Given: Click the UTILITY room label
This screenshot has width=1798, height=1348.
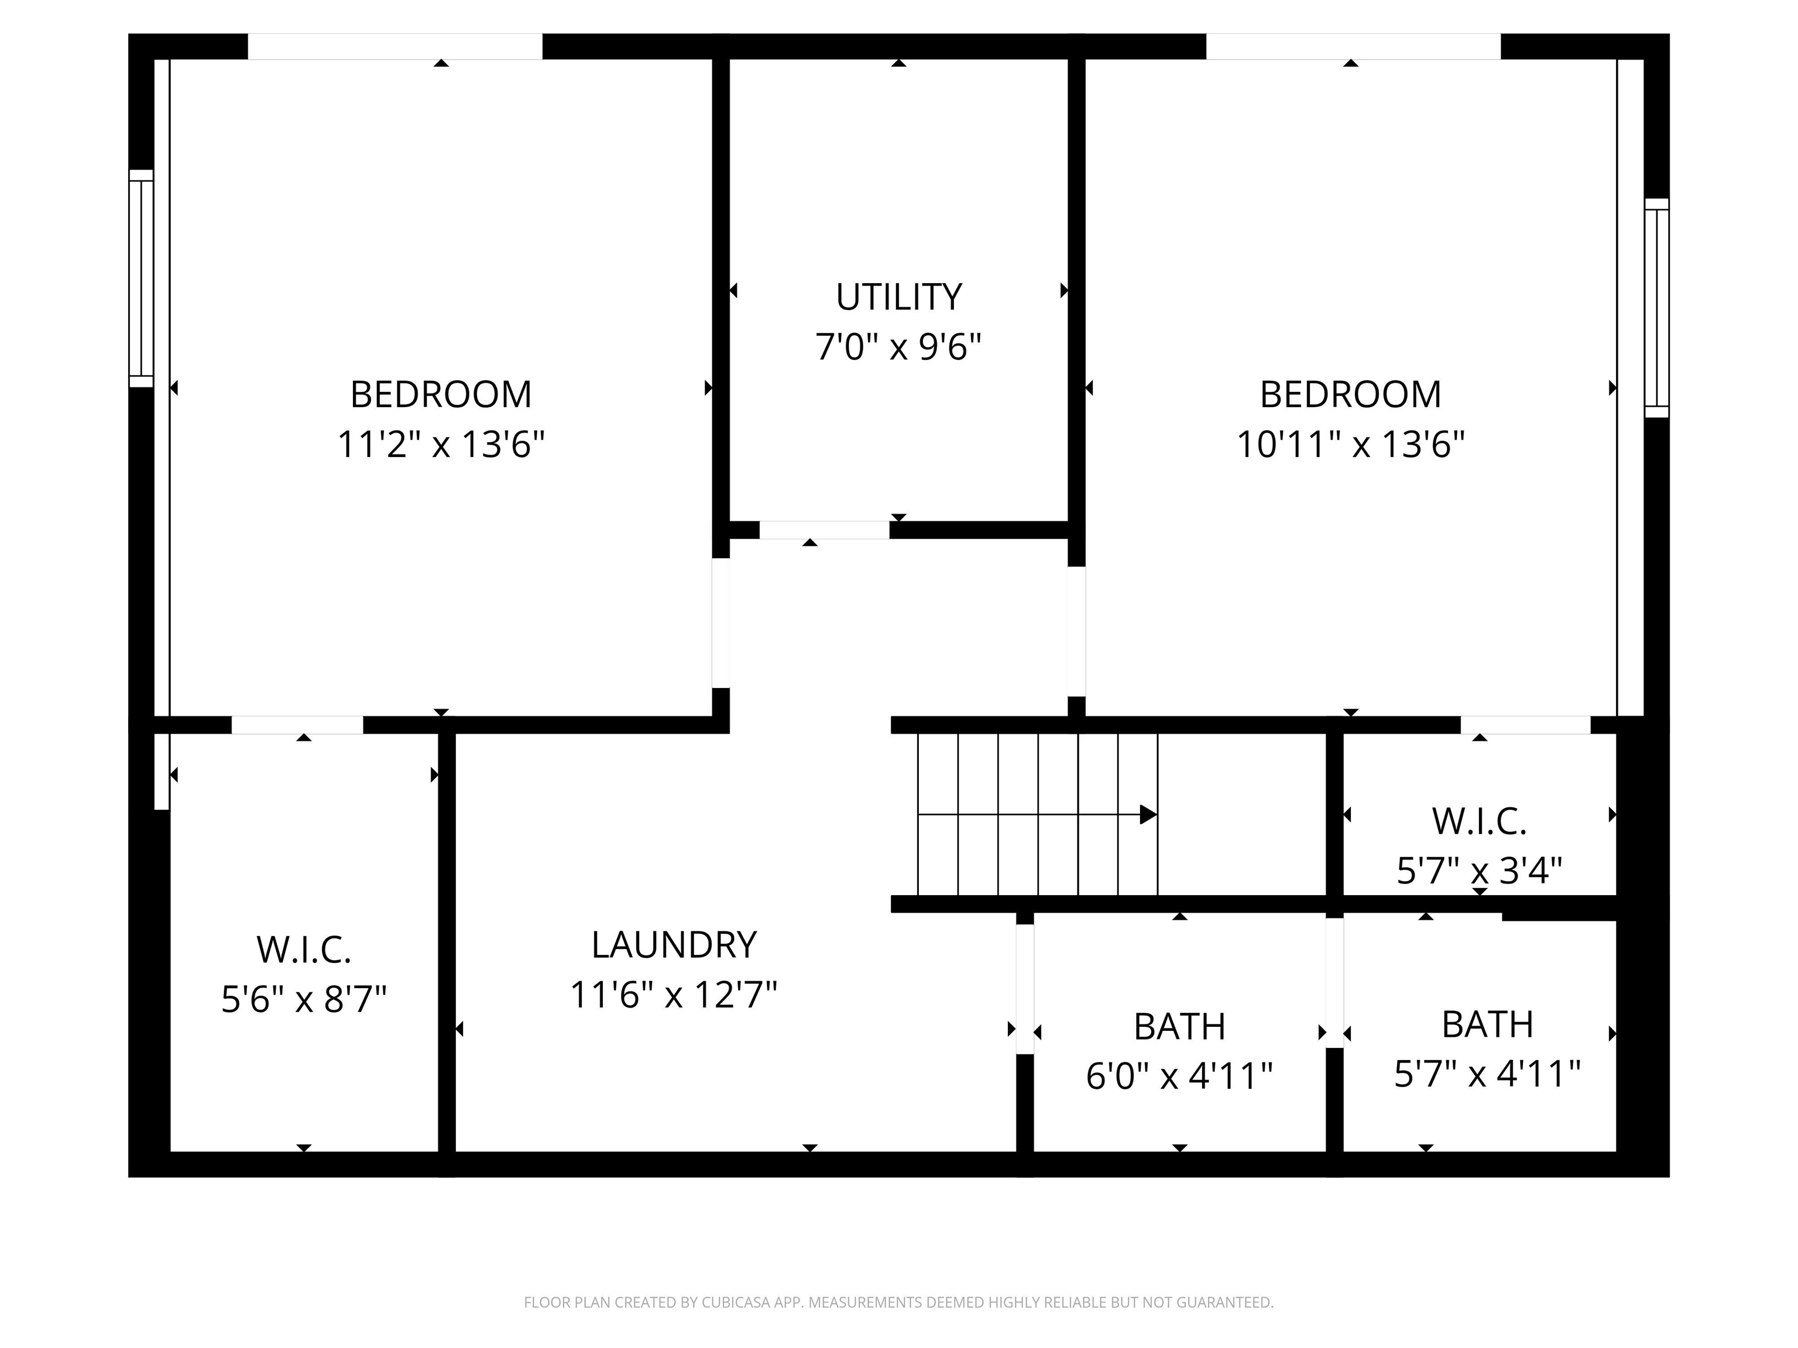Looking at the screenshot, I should click(x=898, y=297).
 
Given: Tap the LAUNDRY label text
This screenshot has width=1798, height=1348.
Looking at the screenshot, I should click(x=674, y=945).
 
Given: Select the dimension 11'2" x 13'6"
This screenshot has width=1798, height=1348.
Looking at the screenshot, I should click(x=441, y=445).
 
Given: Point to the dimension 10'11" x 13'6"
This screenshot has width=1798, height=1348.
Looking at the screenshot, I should click(x=1350, y=445).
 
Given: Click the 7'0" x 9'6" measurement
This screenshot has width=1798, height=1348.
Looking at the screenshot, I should click(x=898, y=347).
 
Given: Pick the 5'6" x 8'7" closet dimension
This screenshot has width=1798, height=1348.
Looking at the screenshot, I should click(x=303, y=999).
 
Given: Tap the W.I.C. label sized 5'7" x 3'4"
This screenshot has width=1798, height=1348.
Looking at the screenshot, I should click(x=1480, y=821).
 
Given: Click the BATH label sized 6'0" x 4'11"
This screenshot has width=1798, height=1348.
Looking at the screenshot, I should click(x=1179, y=1027).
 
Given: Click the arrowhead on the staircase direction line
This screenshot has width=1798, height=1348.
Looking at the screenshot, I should click(x=1148, y=814).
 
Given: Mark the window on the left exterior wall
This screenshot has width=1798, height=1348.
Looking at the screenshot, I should click(x=142, y=278).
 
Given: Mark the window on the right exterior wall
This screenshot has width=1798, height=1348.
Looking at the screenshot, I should click(x=1656, y=308).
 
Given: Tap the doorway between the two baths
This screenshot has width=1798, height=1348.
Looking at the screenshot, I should click(x=1334, y=983).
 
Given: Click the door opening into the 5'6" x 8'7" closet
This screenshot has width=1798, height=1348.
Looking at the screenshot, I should click(x=297, y=725).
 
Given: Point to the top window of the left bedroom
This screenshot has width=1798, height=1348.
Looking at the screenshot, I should click(x=395, y=46).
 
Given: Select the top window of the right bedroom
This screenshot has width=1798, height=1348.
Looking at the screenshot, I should click(x=1353, y=46).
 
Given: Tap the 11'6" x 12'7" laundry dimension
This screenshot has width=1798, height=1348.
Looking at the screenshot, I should click(x=674, y=995).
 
